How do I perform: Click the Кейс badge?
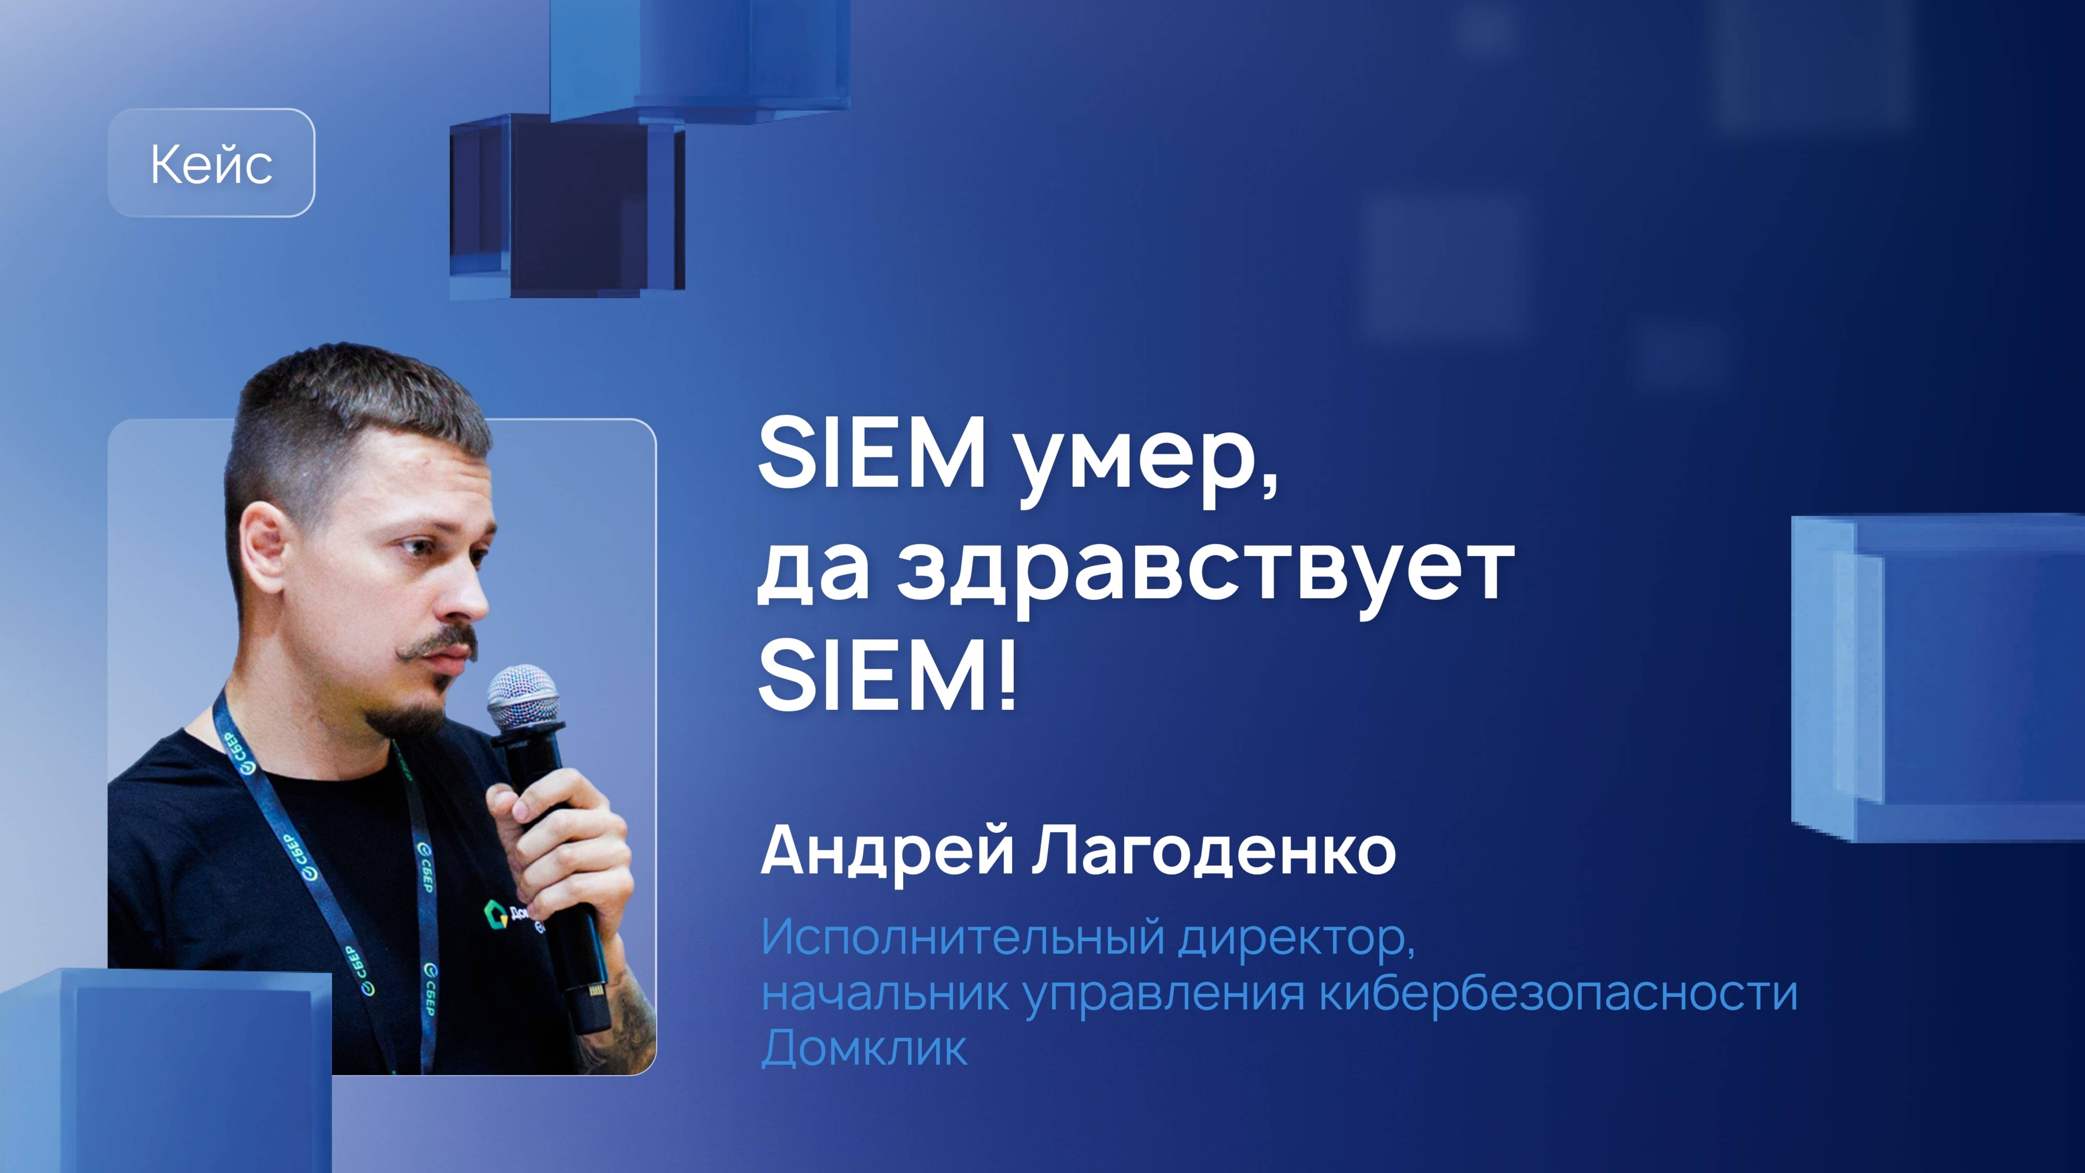(x=211, y=163)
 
